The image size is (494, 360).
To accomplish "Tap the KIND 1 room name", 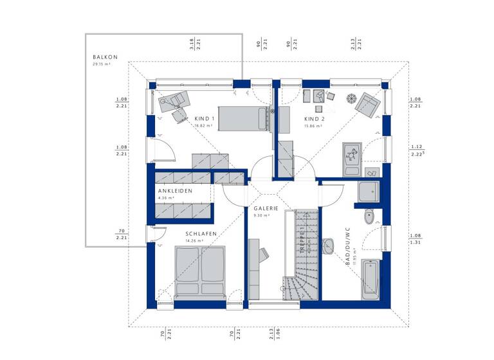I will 205,119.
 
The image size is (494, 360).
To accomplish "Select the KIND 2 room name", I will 314,119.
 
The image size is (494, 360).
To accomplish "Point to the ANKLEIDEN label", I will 174,191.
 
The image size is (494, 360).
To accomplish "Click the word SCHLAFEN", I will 201,233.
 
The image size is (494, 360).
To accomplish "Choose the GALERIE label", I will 265,209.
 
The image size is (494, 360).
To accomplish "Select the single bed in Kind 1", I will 242,118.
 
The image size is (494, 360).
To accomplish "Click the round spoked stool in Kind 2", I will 351,98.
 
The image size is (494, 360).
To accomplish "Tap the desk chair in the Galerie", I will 263,255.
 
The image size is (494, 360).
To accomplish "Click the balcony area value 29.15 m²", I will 102,64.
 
